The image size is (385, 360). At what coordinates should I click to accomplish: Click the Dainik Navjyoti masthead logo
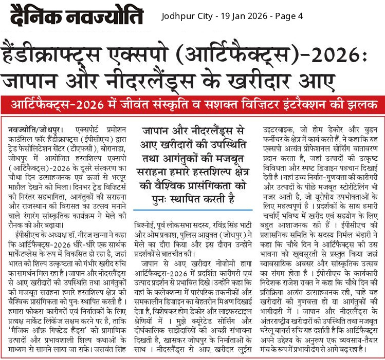(x=76, y=16)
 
